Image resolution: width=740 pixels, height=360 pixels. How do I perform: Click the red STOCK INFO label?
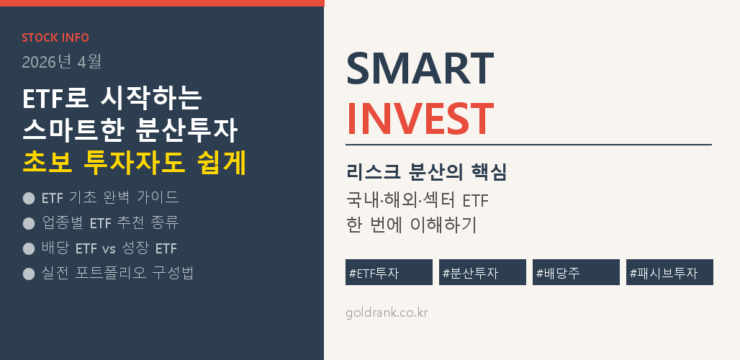tap(55, 37)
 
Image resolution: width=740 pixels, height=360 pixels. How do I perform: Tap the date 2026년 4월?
tap(62, 62)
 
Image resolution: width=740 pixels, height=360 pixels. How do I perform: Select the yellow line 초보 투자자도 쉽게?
tap(135, 163)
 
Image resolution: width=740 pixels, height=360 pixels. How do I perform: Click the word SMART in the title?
tap(420, 69)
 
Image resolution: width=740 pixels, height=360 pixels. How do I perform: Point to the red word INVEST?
tap(420, 119)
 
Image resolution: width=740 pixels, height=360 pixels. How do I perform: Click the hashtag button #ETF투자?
tap(389, 272)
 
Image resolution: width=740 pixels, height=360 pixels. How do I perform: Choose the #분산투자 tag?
tap(482, 272)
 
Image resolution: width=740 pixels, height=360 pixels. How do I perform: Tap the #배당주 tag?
tap(577, 272)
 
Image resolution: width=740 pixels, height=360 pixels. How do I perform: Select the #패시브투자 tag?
tap(669, 272)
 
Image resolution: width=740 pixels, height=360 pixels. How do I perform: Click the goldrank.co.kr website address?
tap(387, 312)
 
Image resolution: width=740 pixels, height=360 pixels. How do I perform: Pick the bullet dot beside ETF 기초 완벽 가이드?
tap(29, 198)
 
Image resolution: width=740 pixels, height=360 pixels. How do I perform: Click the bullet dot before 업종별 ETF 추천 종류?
tap(29, 223)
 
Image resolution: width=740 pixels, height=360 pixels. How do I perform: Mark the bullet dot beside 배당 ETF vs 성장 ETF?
tap(29, 248)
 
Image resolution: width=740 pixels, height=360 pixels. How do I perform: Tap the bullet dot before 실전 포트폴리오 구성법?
tap(29, 274)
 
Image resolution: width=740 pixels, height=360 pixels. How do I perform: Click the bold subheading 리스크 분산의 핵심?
tap(426, 173)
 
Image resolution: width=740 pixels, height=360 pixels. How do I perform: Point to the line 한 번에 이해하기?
tap(411, 225)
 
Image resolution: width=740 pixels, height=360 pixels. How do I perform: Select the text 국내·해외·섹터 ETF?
tap(418, 201)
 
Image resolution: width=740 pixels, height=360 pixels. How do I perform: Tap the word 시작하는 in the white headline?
tap(151, 99)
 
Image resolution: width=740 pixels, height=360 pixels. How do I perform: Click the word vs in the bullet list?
tap(109, 248)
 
